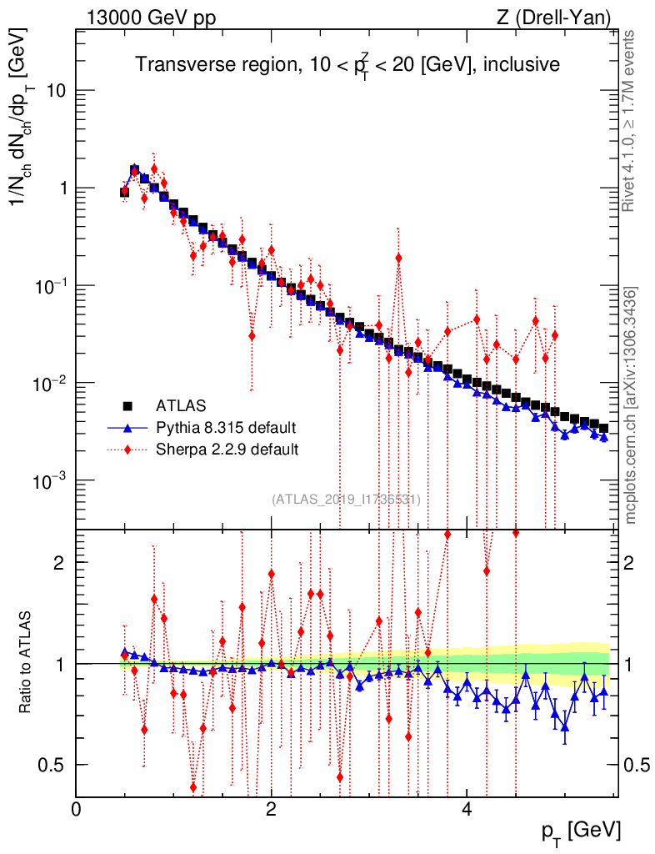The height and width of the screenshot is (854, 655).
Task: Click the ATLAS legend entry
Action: tap(180, 406)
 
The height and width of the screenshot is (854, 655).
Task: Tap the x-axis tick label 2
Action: tap(272, 809)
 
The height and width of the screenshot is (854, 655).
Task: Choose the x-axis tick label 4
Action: tap(467, 809)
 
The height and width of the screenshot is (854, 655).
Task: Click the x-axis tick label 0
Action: tap(77, 809)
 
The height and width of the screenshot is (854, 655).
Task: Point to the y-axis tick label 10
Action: tap(56, 91)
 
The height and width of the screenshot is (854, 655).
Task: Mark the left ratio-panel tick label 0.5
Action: tap(54, 765)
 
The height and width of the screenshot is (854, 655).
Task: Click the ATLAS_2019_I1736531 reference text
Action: tap(346, 499)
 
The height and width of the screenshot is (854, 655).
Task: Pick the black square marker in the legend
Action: tap(127, 406)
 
